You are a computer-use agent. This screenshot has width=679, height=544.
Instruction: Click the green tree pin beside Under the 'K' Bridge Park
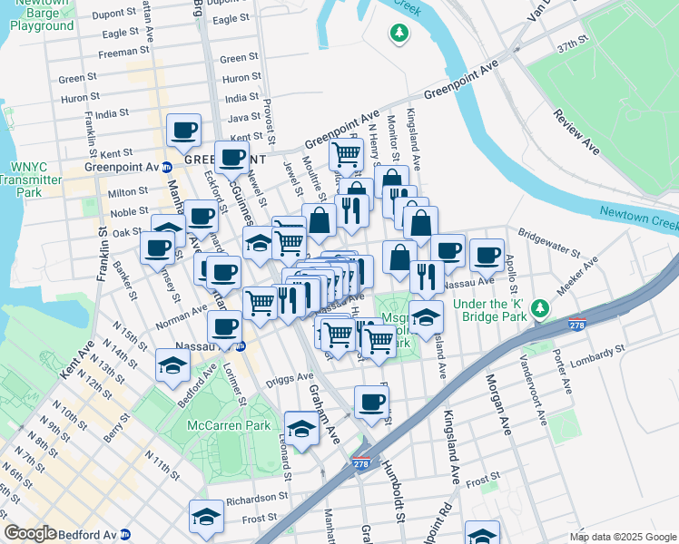pos(541,309)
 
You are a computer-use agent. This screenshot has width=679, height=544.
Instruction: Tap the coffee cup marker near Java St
pos(183,131)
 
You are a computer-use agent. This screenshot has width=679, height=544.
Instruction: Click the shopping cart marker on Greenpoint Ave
pos(346,155)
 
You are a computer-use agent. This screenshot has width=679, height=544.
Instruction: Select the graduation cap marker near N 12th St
pos(172,365)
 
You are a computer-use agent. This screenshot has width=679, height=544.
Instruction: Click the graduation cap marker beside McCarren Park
pos(302,428)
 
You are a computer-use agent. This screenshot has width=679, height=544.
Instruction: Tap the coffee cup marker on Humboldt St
pos(370,402)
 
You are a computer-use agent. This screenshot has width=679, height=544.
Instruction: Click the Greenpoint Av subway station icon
pos(167,168)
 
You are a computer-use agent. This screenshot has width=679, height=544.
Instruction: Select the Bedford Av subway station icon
pos(125,534)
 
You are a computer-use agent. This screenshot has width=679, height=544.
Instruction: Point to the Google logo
pos(30,534)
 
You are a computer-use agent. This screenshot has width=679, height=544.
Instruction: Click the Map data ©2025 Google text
pos(622,537)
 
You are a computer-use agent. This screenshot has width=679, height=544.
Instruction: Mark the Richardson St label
pos(257,498)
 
